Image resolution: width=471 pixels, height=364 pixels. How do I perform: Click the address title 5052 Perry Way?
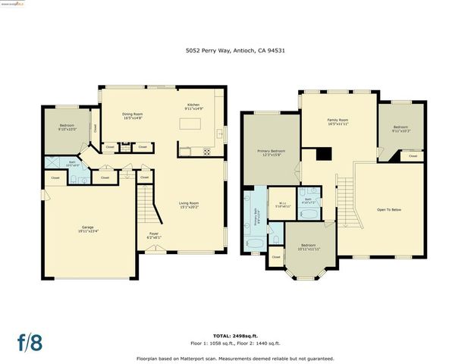(235, 50)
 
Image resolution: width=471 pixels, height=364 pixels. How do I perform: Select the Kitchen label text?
(193, 108)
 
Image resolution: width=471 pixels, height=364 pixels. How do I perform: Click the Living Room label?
(188, 205)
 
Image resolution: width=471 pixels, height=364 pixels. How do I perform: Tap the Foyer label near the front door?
(154, 236)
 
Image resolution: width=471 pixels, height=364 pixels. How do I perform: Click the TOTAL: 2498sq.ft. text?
(235, 334)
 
